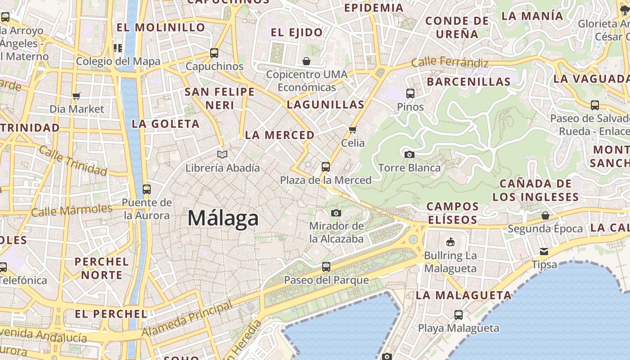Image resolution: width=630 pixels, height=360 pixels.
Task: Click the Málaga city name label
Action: (223, 219)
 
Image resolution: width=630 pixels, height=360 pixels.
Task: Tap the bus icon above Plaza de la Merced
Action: (326, 167)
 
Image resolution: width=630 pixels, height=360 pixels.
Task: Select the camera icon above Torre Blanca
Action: (409, 155)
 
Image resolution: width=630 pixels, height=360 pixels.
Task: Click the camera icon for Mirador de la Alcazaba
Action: (336, 213)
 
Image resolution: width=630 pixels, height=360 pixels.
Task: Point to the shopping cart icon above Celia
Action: (353, 130)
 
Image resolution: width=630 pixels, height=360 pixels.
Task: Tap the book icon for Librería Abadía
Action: (222, 155)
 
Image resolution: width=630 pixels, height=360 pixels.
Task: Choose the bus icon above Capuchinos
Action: (214, 53)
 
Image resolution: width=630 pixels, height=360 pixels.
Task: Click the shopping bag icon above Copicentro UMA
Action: (306, 61)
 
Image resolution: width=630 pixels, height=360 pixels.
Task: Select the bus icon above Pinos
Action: (410, 94)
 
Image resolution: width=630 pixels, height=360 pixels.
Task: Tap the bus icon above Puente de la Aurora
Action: (147, 189)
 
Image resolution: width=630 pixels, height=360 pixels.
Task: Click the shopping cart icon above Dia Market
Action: (76, 96)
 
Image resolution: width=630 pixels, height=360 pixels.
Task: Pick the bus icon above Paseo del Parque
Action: (326, 267)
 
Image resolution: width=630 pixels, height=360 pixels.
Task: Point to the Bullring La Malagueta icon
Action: (450, 242)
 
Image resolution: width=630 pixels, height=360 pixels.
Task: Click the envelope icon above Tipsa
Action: (544, 251)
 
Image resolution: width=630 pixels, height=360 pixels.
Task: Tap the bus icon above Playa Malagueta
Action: (459, 315)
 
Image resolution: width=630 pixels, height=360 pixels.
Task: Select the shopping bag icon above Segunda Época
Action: (545, 216)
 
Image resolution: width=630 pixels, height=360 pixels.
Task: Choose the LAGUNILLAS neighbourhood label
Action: (325, 105)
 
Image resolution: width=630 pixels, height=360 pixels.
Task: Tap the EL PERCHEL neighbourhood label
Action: (111, 314)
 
